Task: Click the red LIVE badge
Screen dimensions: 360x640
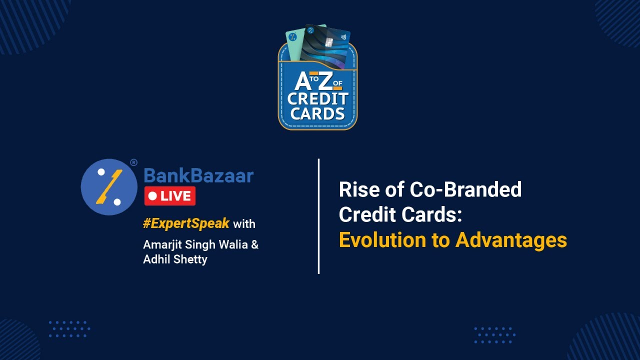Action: (x=169, y=196)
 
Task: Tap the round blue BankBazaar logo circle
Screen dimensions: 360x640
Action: (x=109, y=187)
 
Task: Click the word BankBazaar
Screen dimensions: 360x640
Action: (x=198, y=175)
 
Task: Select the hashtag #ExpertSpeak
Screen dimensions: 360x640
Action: (x=186, y=223)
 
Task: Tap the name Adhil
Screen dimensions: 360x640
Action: (x=156, y=259)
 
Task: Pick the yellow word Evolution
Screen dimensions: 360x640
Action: (x=380, y=240)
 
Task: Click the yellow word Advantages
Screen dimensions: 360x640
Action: (x=511, y=240)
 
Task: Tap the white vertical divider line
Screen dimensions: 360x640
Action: (x=318, y=216)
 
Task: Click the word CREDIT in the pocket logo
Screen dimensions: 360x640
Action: (x=317, y=98)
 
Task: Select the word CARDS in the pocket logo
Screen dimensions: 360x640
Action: (x=317, y=113)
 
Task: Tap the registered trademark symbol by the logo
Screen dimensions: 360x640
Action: (x=133, y=162)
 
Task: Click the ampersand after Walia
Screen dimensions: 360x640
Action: (x=255, y=245)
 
